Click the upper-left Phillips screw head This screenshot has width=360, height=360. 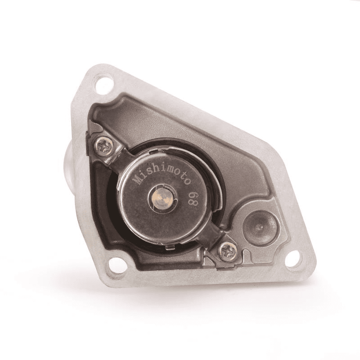(x=104, y=145)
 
